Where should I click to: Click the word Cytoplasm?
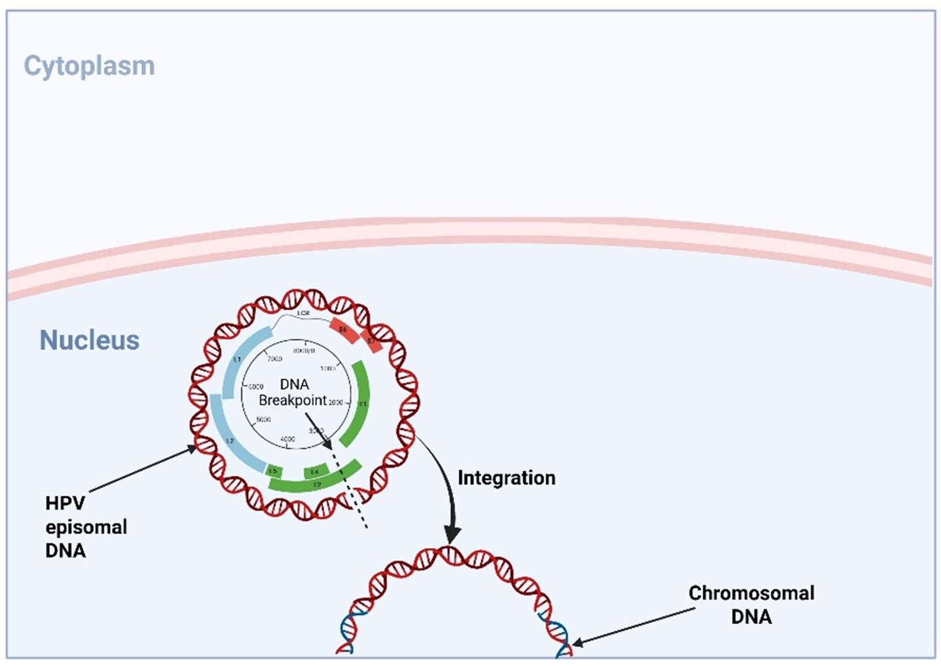pyautogui.click(x=89, y=66)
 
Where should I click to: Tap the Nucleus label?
pyautogui.click(x=90, y=340)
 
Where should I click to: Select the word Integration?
pyautogui.click(x=506, y=477)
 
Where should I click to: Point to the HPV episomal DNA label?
pyautogui.click(x=85, y=527)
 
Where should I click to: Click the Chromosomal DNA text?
pyautogui.click(x=751, y=604)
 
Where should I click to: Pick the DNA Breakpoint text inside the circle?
pyautogui.click(x=293, y=392)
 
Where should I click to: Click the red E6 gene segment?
pyautogui.click(x=344, y=331)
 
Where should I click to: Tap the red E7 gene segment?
pyautogui.click(x=371, y=342)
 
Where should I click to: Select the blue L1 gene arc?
pyautogui.click(x=241, y=357)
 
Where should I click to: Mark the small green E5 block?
pyautogui.click(x=274, y=470)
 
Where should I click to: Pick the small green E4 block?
pyautogui.click(x=315, y=471)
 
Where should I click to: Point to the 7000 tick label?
pyautogui.click(x=274, y=358)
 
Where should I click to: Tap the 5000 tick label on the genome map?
pyautogui.click(x=263, y=419)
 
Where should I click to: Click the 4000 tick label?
pyautogui.click(x=287, y=439)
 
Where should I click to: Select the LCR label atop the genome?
pyautogui.click(x=303, y=314)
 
